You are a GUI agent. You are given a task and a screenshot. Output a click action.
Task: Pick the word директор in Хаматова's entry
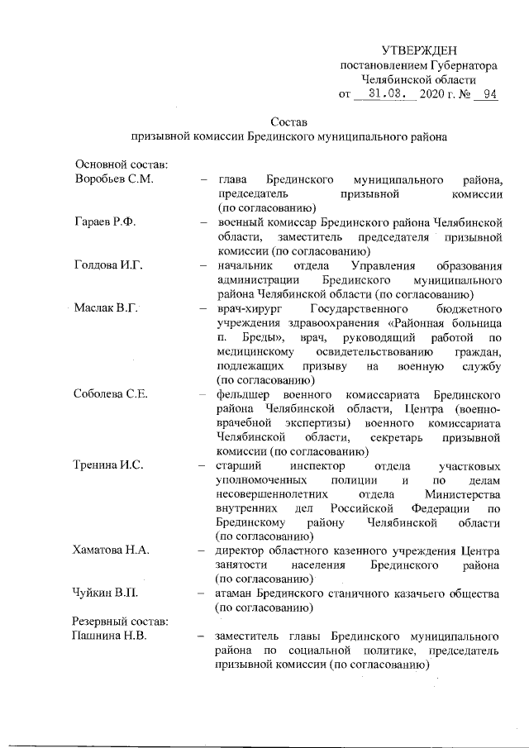point(241,551)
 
